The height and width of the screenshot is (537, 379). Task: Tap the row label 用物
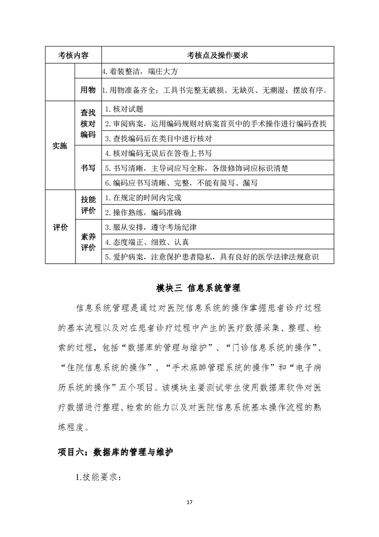coord(88,90)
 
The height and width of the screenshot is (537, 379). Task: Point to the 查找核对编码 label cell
coord(88,124)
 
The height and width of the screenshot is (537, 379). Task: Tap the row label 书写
coord(88,168)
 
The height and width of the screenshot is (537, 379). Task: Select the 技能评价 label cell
coord(88,205)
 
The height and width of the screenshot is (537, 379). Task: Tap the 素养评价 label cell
coord(88,242)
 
